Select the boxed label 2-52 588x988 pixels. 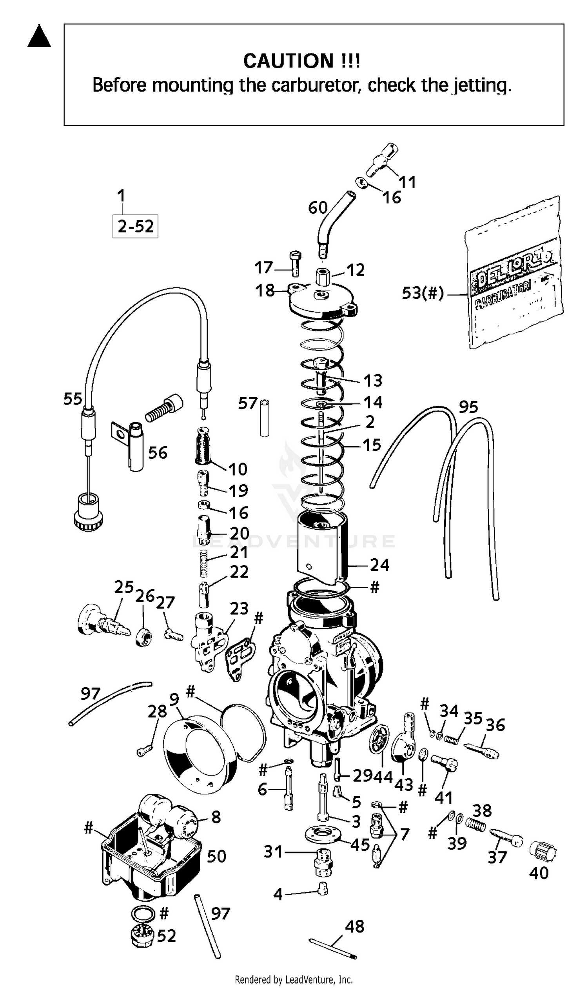pos(135,226)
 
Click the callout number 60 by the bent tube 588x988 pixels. pos(318,208)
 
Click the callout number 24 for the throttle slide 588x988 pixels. pos(379,565)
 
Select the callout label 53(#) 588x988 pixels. pos(422,293)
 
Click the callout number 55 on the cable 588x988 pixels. pos(73,399)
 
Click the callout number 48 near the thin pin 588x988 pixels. pos(354,926)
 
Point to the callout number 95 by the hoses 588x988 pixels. pos(468,407)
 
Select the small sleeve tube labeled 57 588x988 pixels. pos(265,418)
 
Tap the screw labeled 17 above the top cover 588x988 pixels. pos(295,263)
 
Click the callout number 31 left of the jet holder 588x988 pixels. pos(273,851)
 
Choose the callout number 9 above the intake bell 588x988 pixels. pos(174,699)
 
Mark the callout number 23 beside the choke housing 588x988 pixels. pos(239,608)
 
